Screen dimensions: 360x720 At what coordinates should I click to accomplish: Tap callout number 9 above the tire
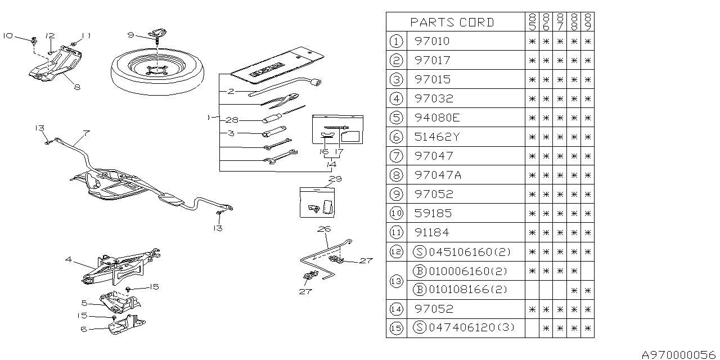(130, 35)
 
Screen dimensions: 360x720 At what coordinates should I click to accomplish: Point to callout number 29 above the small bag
(336, 178)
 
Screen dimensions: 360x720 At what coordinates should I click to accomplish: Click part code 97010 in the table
(433, 41)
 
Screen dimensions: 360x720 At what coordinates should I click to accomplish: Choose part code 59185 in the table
(433, 213)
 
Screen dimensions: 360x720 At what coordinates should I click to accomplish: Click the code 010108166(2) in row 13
(460, 290)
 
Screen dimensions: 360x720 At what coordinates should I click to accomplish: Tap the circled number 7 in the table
(397, 156)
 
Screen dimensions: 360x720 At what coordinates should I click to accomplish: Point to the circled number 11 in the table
(397, 232)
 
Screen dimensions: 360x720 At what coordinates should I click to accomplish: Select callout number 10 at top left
(7, 35)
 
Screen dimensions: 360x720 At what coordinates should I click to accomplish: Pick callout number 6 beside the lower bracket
(84, 329)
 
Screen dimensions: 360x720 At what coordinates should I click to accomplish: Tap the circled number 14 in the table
(397, 309)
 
